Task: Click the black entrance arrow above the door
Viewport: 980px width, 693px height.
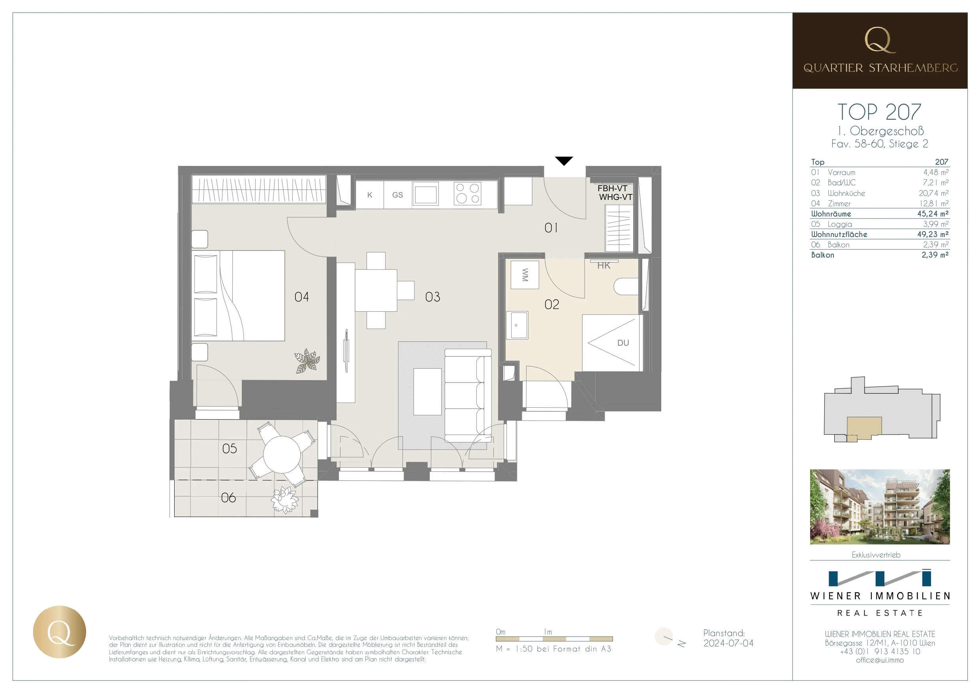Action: [x=563, y=160]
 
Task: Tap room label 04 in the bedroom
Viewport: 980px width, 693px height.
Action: [x=301, y=297]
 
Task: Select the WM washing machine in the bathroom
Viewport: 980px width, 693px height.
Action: [x=525, y=275]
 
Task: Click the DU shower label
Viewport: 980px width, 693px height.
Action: [x=623, y=343]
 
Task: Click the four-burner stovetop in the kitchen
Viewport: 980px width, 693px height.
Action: [x=467, y=194]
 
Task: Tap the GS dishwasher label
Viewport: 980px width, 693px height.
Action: [x=397, y=195]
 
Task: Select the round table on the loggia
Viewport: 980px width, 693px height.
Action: [x=282, y=454]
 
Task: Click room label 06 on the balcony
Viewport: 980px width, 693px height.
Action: [x=228, y=497]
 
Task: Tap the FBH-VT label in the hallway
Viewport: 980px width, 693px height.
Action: [x=612, y=188]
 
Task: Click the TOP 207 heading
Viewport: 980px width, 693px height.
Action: [x=879, y=112]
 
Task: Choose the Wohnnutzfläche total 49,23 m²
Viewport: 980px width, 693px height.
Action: [x=933, y=234]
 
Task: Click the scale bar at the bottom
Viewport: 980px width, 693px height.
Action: [x=554, y=639]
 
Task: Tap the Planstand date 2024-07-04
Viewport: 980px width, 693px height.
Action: [x=728, y=643]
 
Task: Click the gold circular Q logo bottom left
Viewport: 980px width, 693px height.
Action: [x=59, y=631]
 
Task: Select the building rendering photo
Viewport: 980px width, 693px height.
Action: [x=879, y=507]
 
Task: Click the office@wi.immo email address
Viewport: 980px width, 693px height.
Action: [x=879, y=660]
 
